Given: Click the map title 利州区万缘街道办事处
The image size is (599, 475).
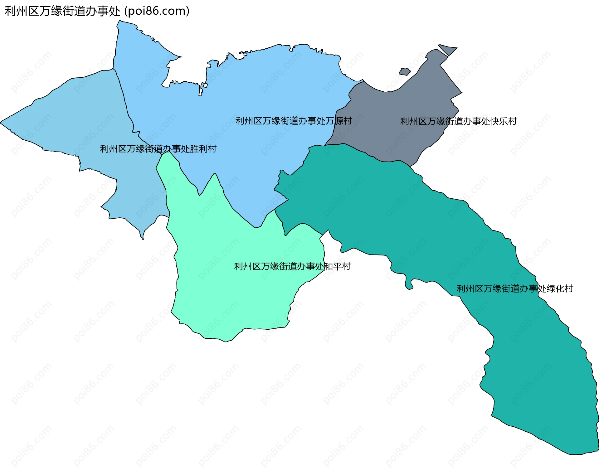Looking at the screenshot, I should click(62, 11).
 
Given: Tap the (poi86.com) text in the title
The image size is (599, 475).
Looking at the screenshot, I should click(157, 11).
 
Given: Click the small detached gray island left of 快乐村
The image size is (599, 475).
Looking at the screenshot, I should click(404, 72).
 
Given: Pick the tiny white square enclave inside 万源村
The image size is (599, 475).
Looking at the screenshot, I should click(205, 85).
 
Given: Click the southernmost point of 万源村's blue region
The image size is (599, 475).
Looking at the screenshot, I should click(256, 227).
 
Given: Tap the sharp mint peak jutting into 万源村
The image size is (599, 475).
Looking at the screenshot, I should click(215, 175).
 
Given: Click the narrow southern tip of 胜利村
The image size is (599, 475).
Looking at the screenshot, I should click(143, 238).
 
